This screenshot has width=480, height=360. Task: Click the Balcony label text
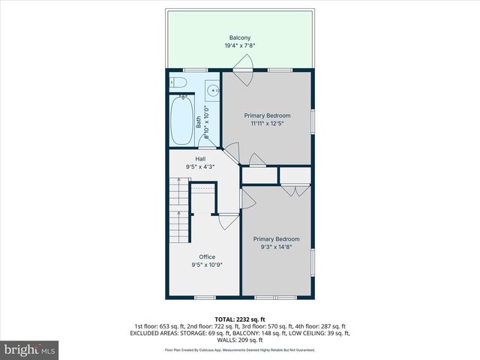(x=240, y=37)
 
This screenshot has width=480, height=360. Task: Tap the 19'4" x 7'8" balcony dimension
(x=240, y=46)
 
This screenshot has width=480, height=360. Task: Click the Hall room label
(x=200, y=159)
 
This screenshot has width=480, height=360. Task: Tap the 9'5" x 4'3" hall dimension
(x=200, y=167)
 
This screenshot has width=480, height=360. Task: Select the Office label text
(x=206, y=256)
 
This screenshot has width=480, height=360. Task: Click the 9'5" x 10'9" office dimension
(x=206, y=265)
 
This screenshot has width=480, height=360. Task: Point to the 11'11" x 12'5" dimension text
(x=268, y=124)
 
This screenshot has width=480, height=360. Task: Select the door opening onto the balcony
(x=243, y=75)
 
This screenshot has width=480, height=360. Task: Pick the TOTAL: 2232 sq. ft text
(x=240, y=319)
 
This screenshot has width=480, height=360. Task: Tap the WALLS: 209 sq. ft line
(x=240, y=339)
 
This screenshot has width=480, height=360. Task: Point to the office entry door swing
(x=227, y=222)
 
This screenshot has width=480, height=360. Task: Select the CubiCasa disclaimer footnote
(x=240, y=349)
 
